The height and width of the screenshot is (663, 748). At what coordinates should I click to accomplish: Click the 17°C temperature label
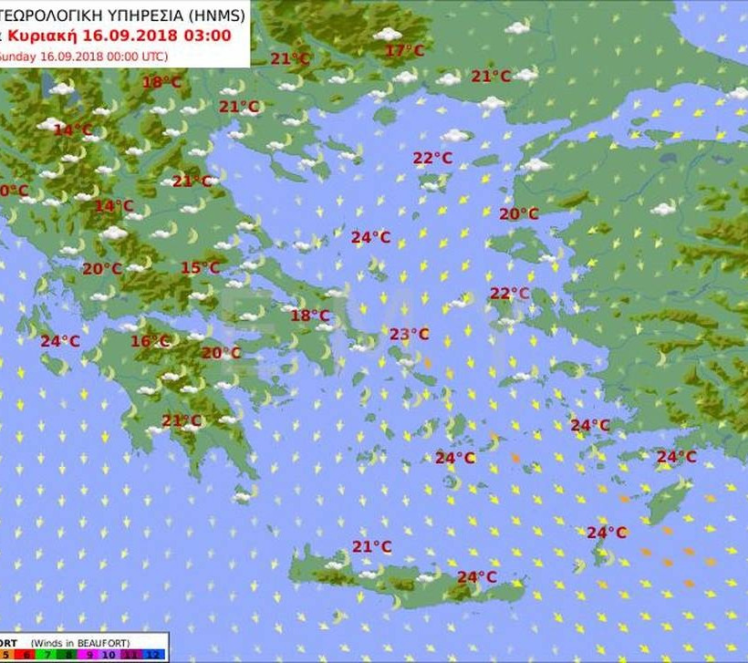[x=404, y=51]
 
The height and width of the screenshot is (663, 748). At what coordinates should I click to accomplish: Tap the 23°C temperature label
[x=409, y=335]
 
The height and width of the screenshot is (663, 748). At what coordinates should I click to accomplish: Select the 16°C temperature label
[x=151, y=342]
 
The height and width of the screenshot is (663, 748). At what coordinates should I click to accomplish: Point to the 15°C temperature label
[x=200, y=268]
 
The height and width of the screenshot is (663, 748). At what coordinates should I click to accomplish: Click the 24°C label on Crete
[x=476, y=577]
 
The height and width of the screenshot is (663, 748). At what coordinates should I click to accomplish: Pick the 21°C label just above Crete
[x=371, y=547]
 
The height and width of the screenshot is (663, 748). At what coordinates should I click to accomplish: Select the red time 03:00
[x=207, y=36]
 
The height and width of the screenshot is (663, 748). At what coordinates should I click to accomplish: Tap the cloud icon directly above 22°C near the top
[x=454, y=136]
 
